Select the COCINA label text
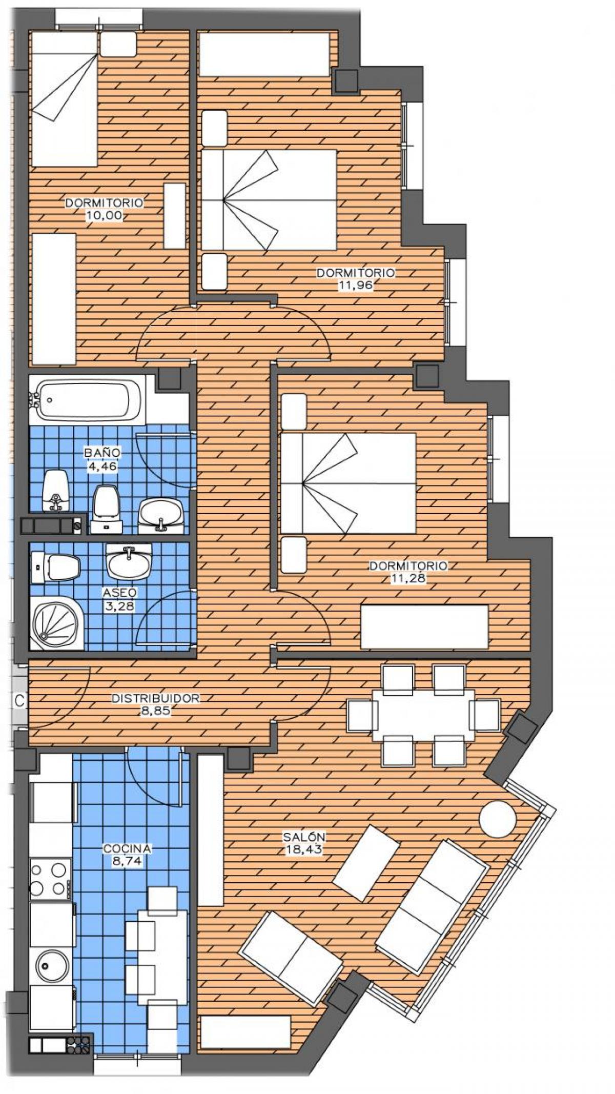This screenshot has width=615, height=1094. [x=127, y=849]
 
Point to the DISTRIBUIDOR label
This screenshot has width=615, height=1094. [x=155, y=698]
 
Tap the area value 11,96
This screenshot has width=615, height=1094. [x=355, y=286]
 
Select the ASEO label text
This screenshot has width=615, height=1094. [x=119, y=593]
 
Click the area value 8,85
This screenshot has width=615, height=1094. [x=155, y=711]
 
